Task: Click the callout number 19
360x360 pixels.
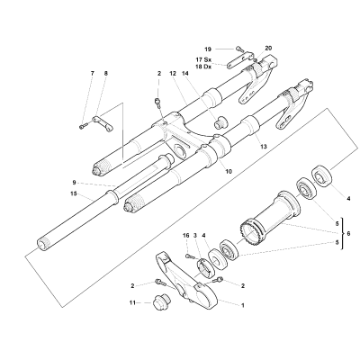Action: click(x=208, y=49)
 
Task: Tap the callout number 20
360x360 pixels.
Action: click(x=268, y=48)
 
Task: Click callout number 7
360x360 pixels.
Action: click(x=93, y=73)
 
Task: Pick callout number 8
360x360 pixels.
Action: click(x=105, y=73)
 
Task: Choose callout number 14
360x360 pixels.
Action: click(x=184, y=73)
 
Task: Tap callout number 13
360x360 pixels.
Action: click(x=264, y=147)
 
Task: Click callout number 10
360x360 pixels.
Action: click(x=229, y=172)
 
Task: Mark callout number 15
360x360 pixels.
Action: click(x=74, y=193)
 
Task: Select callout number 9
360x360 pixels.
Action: click(x=74, y=182)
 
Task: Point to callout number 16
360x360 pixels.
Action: click(x=186, y=236)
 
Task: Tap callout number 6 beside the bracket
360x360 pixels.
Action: click(x=348, y=233)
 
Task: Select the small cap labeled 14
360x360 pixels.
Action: click(x=220, y=121)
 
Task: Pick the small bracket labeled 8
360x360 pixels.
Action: click(x=103, y=123)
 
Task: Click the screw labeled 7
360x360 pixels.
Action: click(x=84, y=126)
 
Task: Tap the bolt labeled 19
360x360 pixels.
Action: click(x=239, y=49)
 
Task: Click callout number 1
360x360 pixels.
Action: click(x=243, y=305)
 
